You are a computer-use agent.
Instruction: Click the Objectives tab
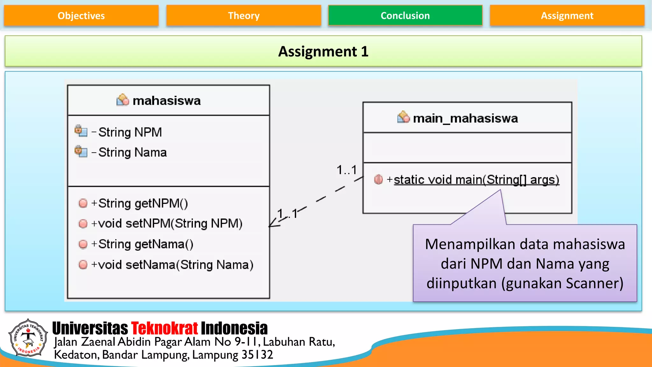coord(81,16)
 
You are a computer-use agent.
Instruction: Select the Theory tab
coord(244,16)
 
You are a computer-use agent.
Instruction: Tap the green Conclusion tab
coord(405,16)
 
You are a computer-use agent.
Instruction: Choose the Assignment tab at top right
coord(567,16)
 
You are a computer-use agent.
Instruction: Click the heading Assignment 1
coord(323,51)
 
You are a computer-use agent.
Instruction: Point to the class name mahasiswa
coord(167,101)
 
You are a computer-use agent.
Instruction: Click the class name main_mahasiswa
coord(465,118)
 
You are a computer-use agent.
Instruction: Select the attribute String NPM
coord(130,132)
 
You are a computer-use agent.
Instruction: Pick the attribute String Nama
coord(132,152)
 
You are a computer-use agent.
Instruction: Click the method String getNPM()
coord(143,203)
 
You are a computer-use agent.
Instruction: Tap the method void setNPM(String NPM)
coord(170,223)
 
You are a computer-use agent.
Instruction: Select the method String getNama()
coord(145,244)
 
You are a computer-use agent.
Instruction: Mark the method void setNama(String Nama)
coord(175,265)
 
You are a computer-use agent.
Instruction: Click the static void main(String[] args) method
coord(476,180)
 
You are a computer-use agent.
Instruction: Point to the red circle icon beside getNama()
coord(83,244)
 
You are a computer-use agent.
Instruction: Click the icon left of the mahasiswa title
coord(123,100)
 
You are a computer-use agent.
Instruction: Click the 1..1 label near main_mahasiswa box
coord(347,170)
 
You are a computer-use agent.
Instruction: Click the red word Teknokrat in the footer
coord(164,328)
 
